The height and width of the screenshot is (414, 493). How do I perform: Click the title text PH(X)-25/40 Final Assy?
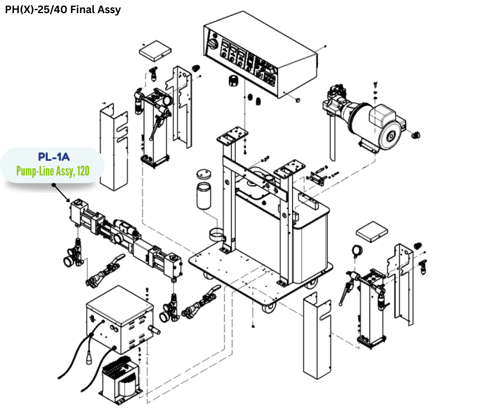click(63, 9)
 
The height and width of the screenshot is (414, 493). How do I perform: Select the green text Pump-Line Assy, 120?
click(52, 170)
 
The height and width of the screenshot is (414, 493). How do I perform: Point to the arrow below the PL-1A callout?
click(61, 193)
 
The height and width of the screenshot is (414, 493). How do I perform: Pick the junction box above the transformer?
click(119, 320)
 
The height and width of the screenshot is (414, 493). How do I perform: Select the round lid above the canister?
click(206, 173)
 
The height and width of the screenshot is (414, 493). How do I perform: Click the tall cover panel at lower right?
click(317, 336)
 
